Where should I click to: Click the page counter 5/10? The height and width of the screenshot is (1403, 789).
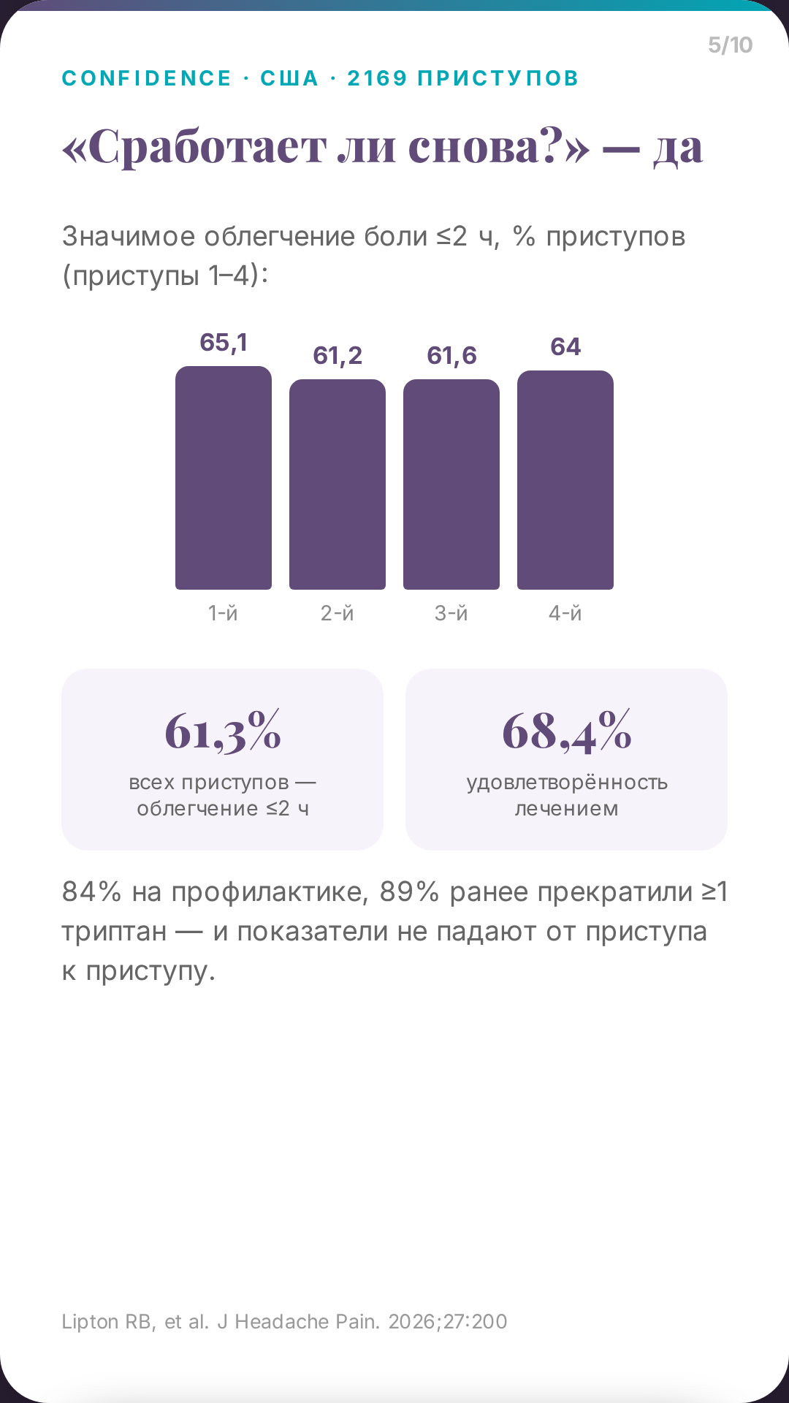(730, 45)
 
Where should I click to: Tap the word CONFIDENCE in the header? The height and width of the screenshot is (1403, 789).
(147, 78)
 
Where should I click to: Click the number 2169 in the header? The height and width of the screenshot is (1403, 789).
(377, 78)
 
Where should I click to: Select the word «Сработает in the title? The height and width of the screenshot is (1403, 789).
(194, 148)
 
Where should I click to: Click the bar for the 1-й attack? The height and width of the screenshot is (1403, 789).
(224, 478)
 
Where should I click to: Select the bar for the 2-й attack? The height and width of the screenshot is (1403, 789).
(338, 484)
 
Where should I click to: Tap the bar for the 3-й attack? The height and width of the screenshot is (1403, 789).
(451, 484)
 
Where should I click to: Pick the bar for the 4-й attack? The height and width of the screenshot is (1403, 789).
(565, 480)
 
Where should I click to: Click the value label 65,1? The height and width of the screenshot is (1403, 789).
(224, 343)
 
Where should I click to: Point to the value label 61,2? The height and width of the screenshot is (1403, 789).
(338, 356)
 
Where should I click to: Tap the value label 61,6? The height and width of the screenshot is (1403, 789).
(451, 356)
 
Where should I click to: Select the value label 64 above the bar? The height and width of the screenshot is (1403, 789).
(565, 346)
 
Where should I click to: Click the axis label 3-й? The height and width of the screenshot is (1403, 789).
(451, 613)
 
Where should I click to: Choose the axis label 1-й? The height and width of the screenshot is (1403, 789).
(224, 613)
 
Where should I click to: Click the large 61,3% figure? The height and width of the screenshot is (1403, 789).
(223, 731)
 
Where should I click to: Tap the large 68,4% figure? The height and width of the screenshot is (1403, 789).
(567, 731)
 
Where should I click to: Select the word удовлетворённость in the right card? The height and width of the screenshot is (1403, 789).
(567, 783)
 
